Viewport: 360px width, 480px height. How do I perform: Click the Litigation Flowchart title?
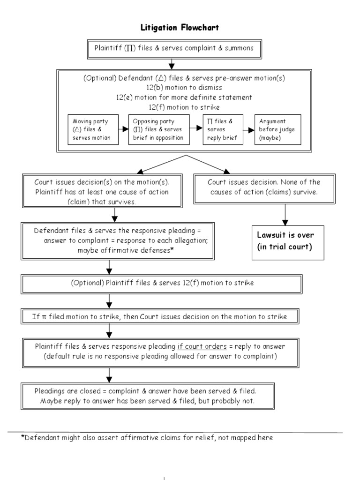coord(180,28)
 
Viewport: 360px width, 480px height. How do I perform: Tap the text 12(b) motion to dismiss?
coord(180,88)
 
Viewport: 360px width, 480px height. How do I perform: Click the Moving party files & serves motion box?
coord(91,129)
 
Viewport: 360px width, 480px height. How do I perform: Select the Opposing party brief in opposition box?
coord(160,129)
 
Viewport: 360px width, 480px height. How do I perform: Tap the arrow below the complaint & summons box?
coord(172,62)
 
